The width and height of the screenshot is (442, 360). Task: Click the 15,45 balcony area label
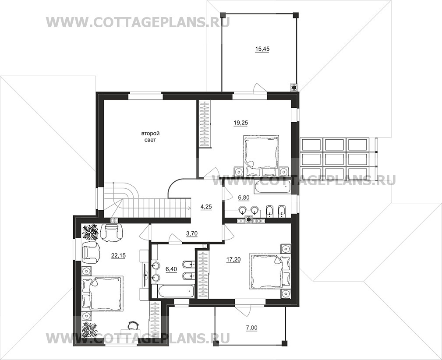[262, 49]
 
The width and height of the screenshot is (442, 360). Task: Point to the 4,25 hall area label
[206, 207]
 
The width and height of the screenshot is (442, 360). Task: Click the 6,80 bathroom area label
[244, 198]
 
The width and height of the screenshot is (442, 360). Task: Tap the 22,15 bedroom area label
[118, 255]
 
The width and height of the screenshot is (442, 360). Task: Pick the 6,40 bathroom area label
[171, 269]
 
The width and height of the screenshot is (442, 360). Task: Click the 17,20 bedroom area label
[233, 260]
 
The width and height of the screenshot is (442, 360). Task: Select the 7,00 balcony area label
[252, 328]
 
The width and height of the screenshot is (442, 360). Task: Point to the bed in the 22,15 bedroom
[103, 293]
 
